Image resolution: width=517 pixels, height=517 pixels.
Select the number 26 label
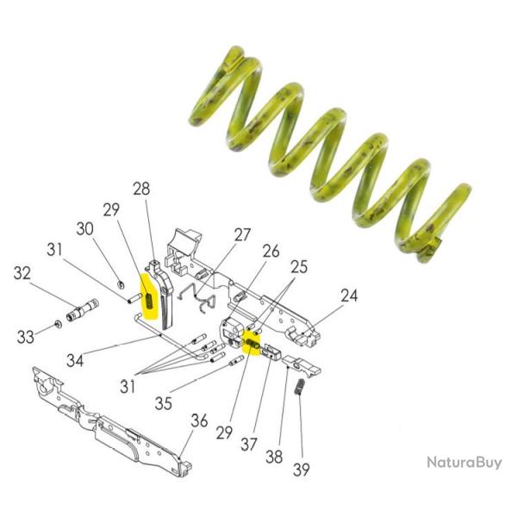tap(271, 252)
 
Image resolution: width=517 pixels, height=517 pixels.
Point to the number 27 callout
tap(242, 234)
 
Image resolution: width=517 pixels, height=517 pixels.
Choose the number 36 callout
tap(201, 421)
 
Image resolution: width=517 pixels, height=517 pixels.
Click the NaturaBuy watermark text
tap(464, 463)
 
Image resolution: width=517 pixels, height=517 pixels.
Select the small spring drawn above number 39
tap(299, 387)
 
